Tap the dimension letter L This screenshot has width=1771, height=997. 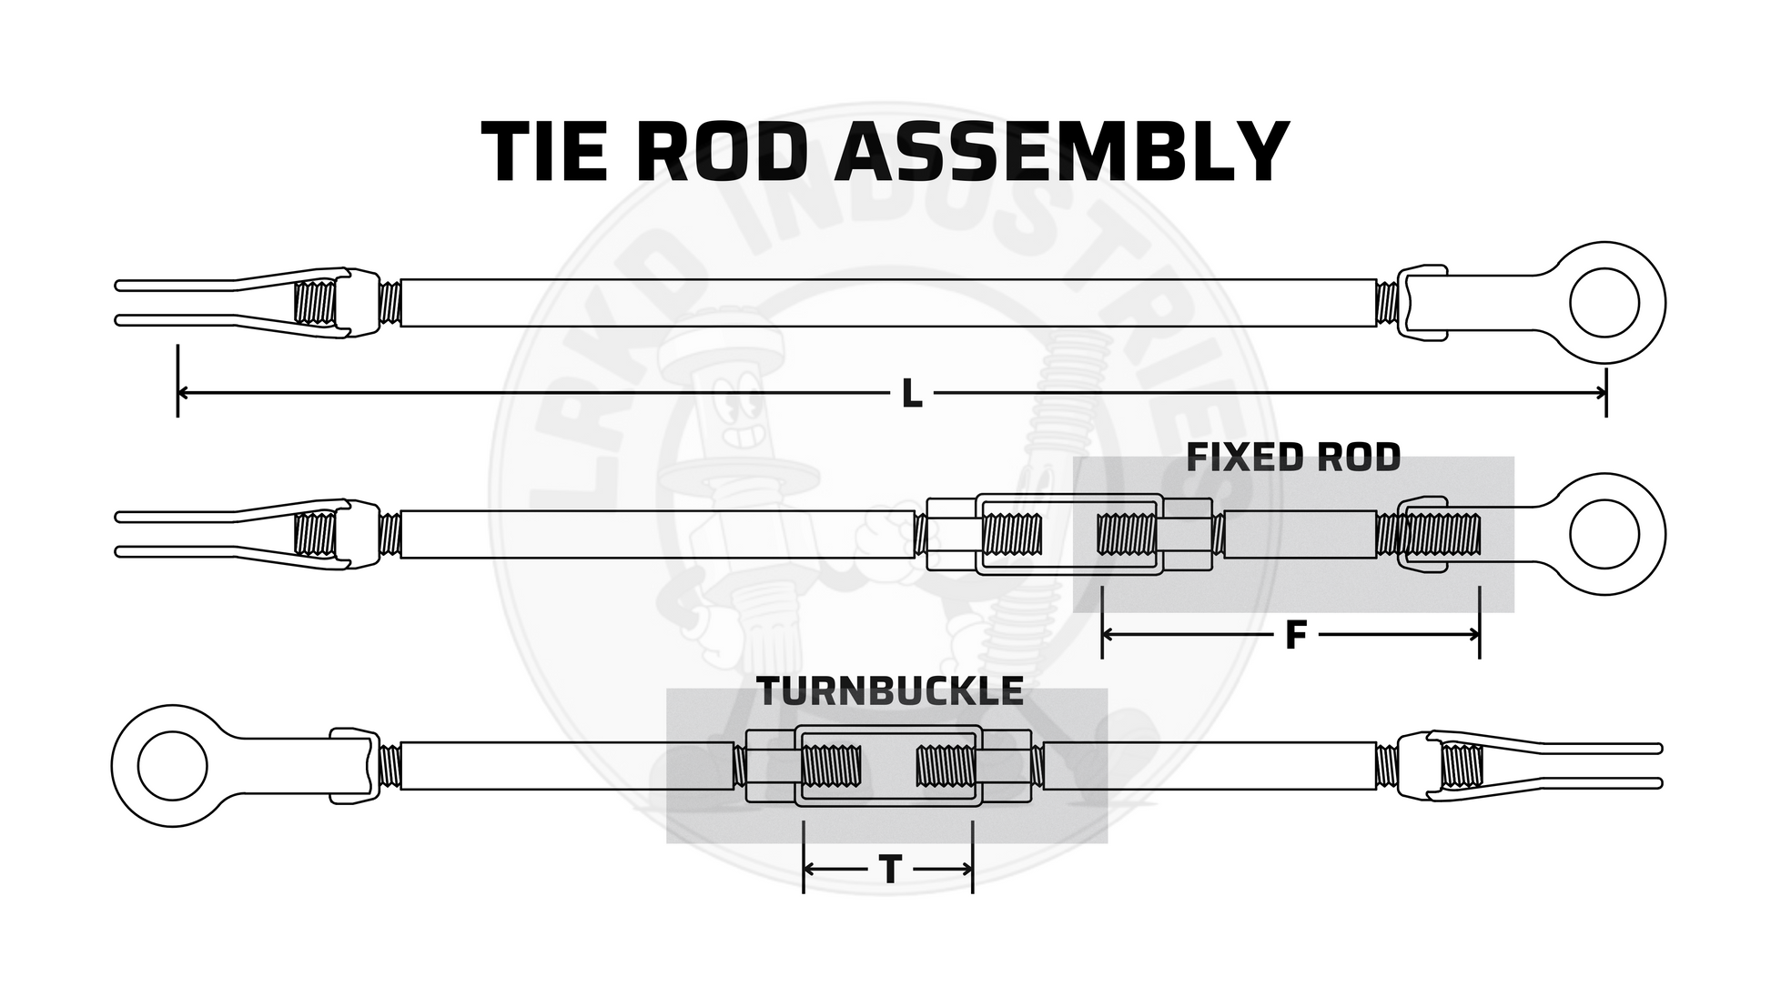point(911,394)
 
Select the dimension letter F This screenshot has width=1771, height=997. point(1295,636)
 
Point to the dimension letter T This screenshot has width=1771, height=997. point(890,871)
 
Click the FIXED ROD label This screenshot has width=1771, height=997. point(1293,458)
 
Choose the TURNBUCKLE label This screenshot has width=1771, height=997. point(890,692)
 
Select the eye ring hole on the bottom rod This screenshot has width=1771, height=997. point(172,766)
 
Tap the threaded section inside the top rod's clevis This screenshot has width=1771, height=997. point(316,303)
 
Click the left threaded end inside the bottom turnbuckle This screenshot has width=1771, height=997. point(831,766)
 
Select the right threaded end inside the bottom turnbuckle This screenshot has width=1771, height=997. point(946,766)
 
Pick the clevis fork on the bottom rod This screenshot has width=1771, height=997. point(1547,766)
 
